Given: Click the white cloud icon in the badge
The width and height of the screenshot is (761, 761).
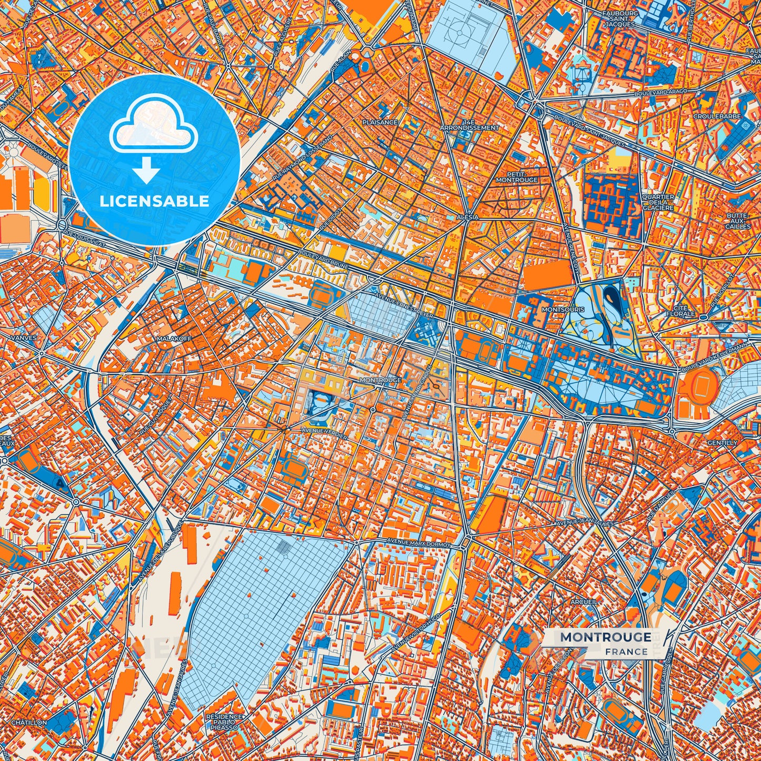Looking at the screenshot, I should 153,128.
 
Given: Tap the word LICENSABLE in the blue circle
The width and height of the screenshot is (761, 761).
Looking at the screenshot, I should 155,201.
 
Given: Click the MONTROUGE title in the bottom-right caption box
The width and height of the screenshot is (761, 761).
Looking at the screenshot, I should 605,637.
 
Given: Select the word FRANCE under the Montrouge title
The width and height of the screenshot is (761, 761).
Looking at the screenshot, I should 626,652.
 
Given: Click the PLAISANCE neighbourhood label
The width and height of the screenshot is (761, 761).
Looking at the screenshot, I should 380,122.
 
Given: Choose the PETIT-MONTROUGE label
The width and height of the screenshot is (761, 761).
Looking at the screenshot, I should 517,176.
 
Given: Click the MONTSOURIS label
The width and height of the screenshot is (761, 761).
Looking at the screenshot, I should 563,310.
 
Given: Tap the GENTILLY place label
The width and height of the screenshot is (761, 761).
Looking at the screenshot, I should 722,443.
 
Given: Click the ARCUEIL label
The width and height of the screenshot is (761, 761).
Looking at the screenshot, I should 584,601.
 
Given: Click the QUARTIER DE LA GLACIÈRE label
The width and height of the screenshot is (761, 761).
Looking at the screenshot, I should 658,202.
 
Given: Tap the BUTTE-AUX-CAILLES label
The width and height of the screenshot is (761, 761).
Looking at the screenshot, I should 738,221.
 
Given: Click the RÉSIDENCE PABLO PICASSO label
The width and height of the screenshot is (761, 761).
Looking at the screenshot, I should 224,722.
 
